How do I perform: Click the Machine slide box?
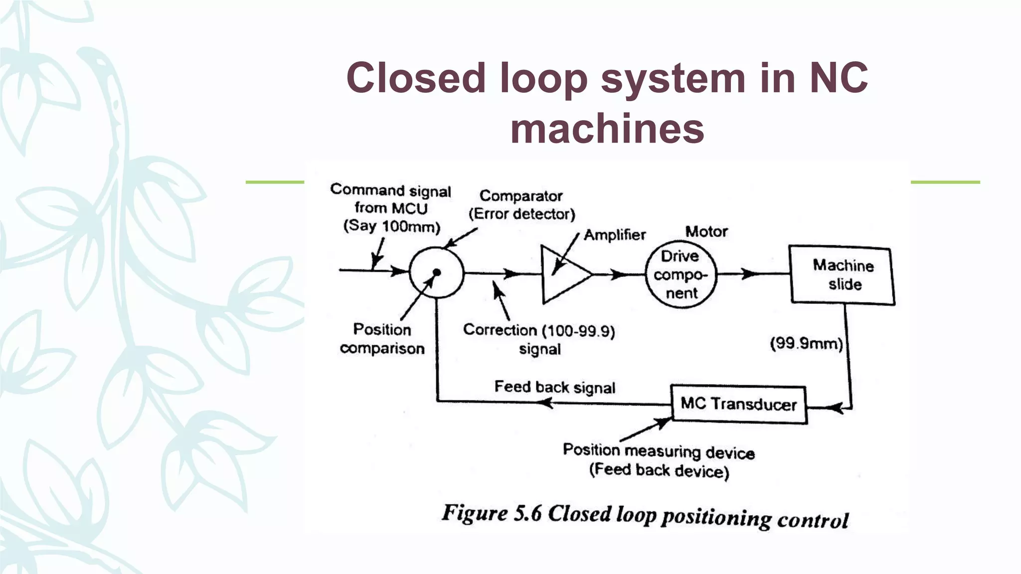(843, 275)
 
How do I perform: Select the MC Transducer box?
(738, 404)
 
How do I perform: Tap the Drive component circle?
(681, 275)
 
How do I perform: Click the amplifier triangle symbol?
(563, 275)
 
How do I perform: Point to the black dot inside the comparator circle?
(437, 272)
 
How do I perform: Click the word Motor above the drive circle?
(706, 232)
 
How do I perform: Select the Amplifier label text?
(614, 235)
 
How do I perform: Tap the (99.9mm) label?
(806, 344)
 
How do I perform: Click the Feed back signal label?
(554, 387)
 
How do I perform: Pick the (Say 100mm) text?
(392, 226)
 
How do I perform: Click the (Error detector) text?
(521, 214)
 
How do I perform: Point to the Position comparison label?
(382, 339)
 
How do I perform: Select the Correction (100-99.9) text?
(538, 330)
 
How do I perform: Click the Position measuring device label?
(658, 451)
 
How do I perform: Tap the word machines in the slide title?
(607, 129)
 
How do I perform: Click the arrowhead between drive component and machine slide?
(749, 274)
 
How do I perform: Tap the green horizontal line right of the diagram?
(945, 182)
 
